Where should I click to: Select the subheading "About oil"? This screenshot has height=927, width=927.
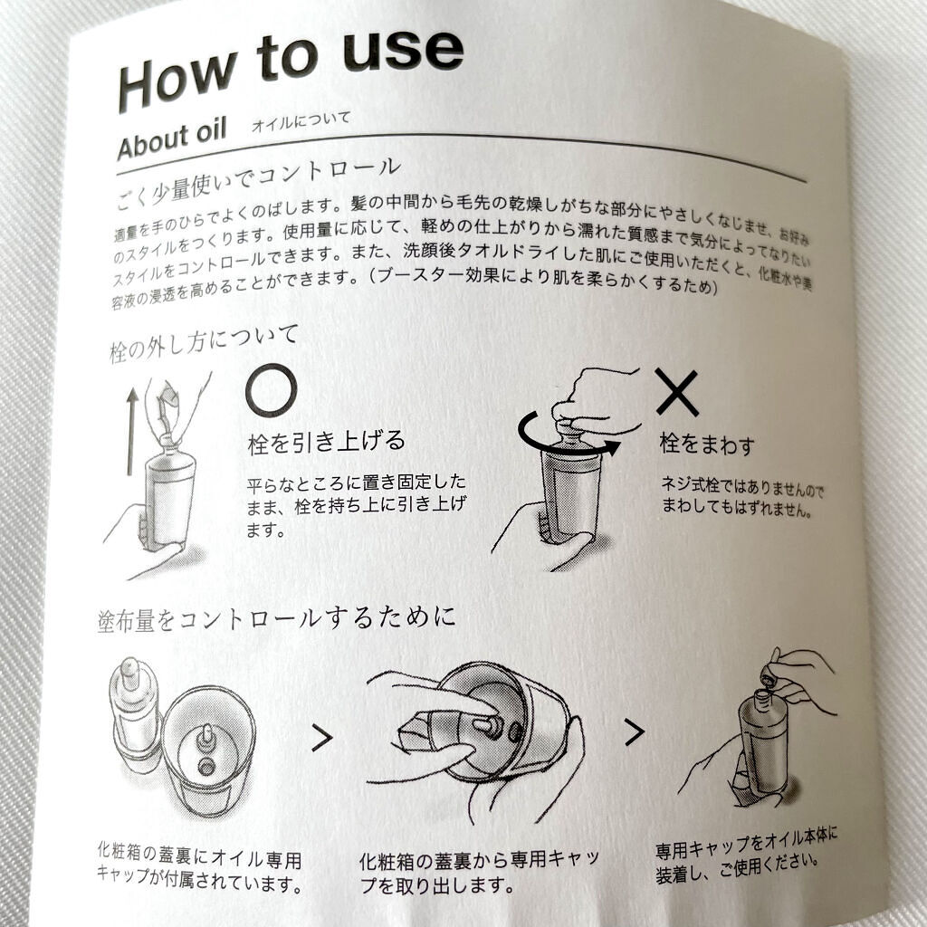click(171, 139)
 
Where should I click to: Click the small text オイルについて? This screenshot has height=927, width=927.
click(301, 121)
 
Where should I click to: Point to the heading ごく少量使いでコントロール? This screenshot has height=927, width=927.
click(257, 182)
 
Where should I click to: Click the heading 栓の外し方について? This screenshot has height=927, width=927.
click(204, 343)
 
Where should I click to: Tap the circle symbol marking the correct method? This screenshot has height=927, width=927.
click(271, 391)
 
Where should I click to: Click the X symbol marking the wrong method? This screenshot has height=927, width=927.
click(677, 393)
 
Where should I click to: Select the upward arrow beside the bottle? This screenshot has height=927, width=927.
click(132, 432)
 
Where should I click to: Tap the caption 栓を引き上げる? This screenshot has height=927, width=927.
click(326, 442)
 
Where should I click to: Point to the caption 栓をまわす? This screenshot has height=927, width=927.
click(707, 444)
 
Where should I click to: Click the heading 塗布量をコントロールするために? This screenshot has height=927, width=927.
click(276, 619)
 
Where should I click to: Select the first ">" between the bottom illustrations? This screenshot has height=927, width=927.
click(321, 738)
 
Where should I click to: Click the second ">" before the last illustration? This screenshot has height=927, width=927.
click(634, 732)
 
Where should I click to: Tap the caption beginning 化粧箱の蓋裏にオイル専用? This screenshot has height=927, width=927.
click(200, 868)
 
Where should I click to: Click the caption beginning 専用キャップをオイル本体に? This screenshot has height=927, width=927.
click(746, 855)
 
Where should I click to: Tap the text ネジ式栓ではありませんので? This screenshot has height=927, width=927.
click(742, 487)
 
